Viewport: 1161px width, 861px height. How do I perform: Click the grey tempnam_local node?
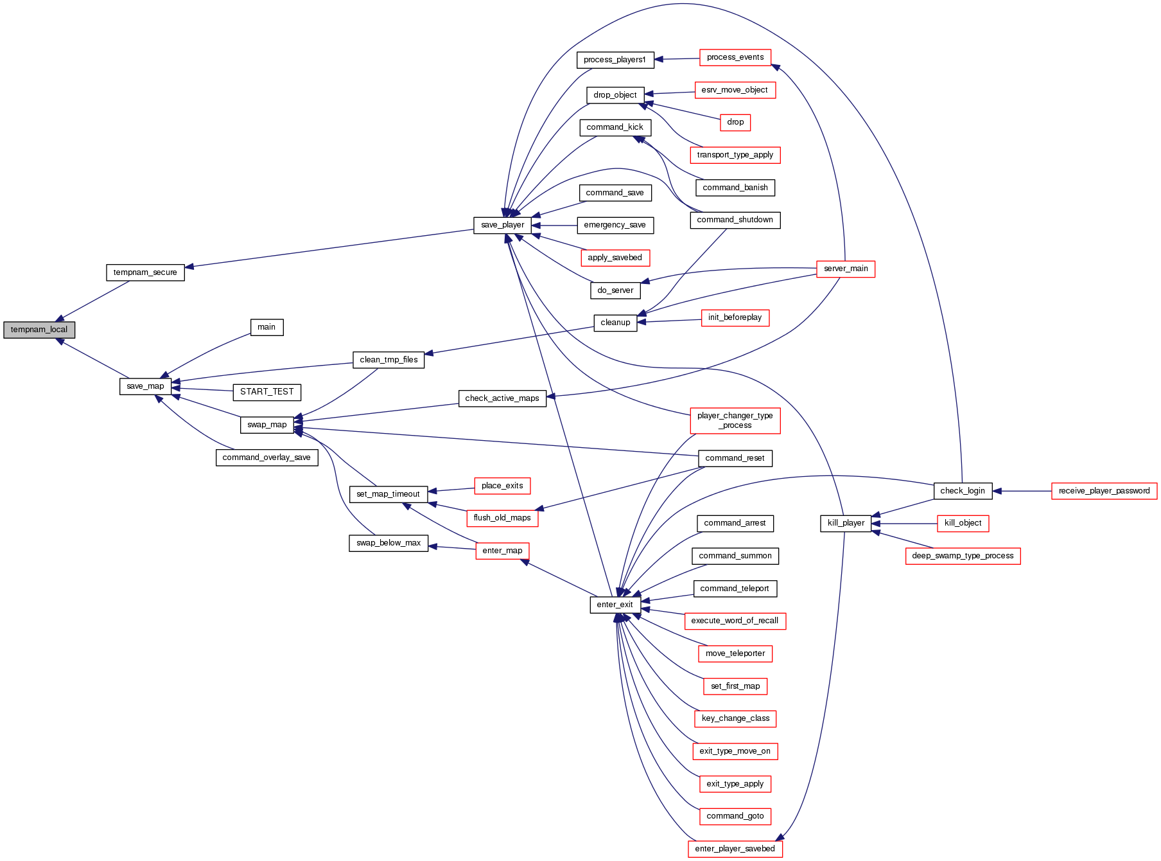(x=39, y=330)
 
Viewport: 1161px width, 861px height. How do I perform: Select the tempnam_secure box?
(x=145, y=272)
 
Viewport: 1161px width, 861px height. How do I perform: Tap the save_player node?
(x=503, y=225)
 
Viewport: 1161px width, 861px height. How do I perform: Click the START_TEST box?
(x=266, y=392)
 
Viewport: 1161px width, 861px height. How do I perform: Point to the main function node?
(x=266, y=327)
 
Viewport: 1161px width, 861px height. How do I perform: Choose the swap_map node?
(x=267, y=425)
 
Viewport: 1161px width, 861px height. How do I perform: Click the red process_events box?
(x=735, y=57)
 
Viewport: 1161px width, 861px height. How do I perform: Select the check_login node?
(x=962, y=491)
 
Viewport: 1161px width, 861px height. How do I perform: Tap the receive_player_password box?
(x=1104, y=491)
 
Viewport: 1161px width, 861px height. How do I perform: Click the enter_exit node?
(x=615, y=605)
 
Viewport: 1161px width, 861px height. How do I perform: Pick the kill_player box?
(x=846, y=523)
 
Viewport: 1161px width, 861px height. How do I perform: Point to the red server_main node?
(x=845, y=269)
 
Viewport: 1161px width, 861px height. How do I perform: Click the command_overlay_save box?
(x=266, y=457)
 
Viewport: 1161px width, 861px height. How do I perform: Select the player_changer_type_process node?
(x=735, y=420)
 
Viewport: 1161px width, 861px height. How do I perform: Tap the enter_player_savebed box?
(x=735, y=849)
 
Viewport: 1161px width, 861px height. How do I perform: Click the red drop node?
(x=735, y=122)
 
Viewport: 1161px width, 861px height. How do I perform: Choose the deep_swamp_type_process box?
(x=963, y=556)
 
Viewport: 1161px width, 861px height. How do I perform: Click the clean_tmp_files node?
(x=388, y=360)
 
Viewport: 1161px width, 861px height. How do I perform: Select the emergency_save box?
(x=615, y=225)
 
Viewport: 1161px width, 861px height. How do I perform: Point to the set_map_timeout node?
(x=388, y=494)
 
